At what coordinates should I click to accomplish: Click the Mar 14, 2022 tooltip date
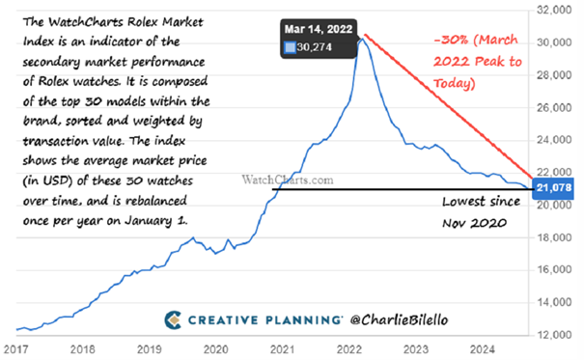point(317,28)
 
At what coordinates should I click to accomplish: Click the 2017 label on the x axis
point(15,349)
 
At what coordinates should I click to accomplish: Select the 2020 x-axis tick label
point(215,349)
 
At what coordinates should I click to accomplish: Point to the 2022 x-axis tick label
point(348,349)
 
